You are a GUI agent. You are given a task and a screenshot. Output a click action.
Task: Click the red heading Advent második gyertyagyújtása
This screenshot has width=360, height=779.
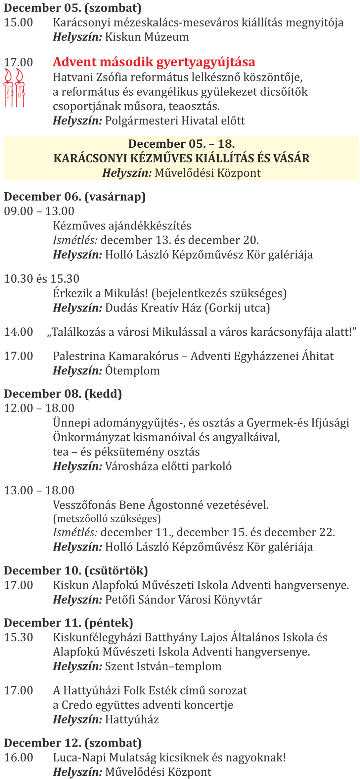(x=154, y=62)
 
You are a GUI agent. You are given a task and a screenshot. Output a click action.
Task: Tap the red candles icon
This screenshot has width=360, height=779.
(x=14, y=88)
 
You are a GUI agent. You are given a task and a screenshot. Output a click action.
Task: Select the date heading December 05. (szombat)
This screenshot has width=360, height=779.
(x=72, y=8)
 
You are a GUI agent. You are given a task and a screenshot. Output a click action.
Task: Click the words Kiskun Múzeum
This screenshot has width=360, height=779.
(x=147, y=37)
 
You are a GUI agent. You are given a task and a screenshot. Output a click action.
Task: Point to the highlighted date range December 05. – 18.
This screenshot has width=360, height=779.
(x=181, y=144)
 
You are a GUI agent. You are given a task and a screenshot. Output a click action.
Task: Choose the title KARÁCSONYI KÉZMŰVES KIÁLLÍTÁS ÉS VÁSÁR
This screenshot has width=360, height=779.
(x=181, y=158)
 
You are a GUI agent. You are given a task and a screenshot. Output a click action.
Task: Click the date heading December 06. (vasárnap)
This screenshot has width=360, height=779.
(x=75, y=196)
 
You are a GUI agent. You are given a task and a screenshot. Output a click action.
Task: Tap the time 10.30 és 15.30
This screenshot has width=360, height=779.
(x=42, y=279)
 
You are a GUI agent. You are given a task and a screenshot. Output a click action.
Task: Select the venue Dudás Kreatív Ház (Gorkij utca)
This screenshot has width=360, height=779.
(x=188, y=308)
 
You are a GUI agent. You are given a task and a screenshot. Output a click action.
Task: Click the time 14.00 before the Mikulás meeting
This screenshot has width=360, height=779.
(x=19, y=332)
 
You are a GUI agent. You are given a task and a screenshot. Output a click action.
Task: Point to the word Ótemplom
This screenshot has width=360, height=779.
(x=132, y=370)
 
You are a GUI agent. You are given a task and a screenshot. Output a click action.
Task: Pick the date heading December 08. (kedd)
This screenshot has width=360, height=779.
(x=63, y=394)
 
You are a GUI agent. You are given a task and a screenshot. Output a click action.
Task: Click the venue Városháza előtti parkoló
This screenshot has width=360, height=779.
(x=168, y=466)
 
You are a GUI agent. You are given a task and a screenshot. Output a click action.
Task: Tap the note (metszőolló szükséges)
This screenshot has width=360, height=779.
(x=107, y=518)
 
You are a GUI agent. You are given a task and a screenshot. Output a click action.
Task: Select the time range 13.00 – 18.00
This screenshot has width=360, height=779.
(x=39, y=490)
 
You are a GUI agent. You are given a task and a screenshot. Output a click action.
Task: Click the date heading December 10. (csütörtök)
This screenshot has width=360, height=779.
(x=76, y=570)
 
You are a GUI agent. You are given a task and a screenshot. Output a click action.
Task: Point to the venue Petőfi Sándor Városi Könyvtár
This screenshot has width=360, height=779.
(x=183, y=600)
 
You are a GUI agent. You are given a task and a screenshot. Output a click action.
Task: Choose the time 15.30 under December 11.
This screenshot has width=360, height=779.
(x=19, y=637)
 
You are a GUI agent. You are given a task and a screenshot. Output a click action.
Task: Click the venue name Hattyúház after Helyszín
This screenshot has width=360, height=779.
(x=132, y=719)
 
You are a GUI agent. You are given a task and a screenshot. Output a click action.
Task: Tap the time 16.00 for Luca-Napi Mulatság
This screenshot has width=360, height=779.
(x=19, y=757)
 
